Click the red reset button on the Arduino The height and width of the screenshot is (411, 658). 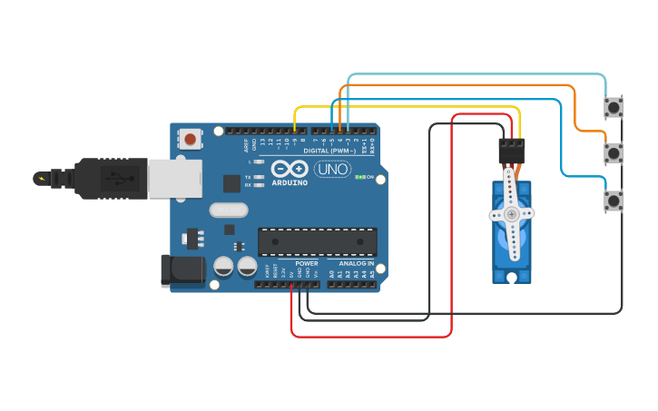191,139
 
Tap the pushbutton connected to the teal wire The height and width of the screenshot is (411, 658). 614,107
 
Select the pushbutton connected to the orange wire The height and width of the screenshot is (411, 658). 614,153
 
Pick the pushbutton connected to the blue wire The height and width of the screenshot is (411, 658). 614,200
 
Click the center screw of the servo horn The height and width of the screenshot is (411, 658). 512,214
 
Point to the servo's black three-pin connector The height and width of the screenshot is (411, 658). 512,150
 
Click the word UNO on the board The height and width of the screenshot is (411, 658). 332,169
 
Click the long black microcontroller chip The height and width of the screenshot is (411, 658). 317,241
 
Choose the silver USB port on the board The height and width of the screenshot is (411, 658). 175,178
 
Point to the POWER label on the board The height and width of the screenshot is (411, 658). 306,263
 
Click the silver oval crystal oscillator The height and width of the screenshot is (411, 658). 228,210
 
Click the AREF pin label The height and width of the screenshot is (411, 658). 246,143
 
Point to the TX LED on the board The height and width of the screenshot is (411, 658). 259,177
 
